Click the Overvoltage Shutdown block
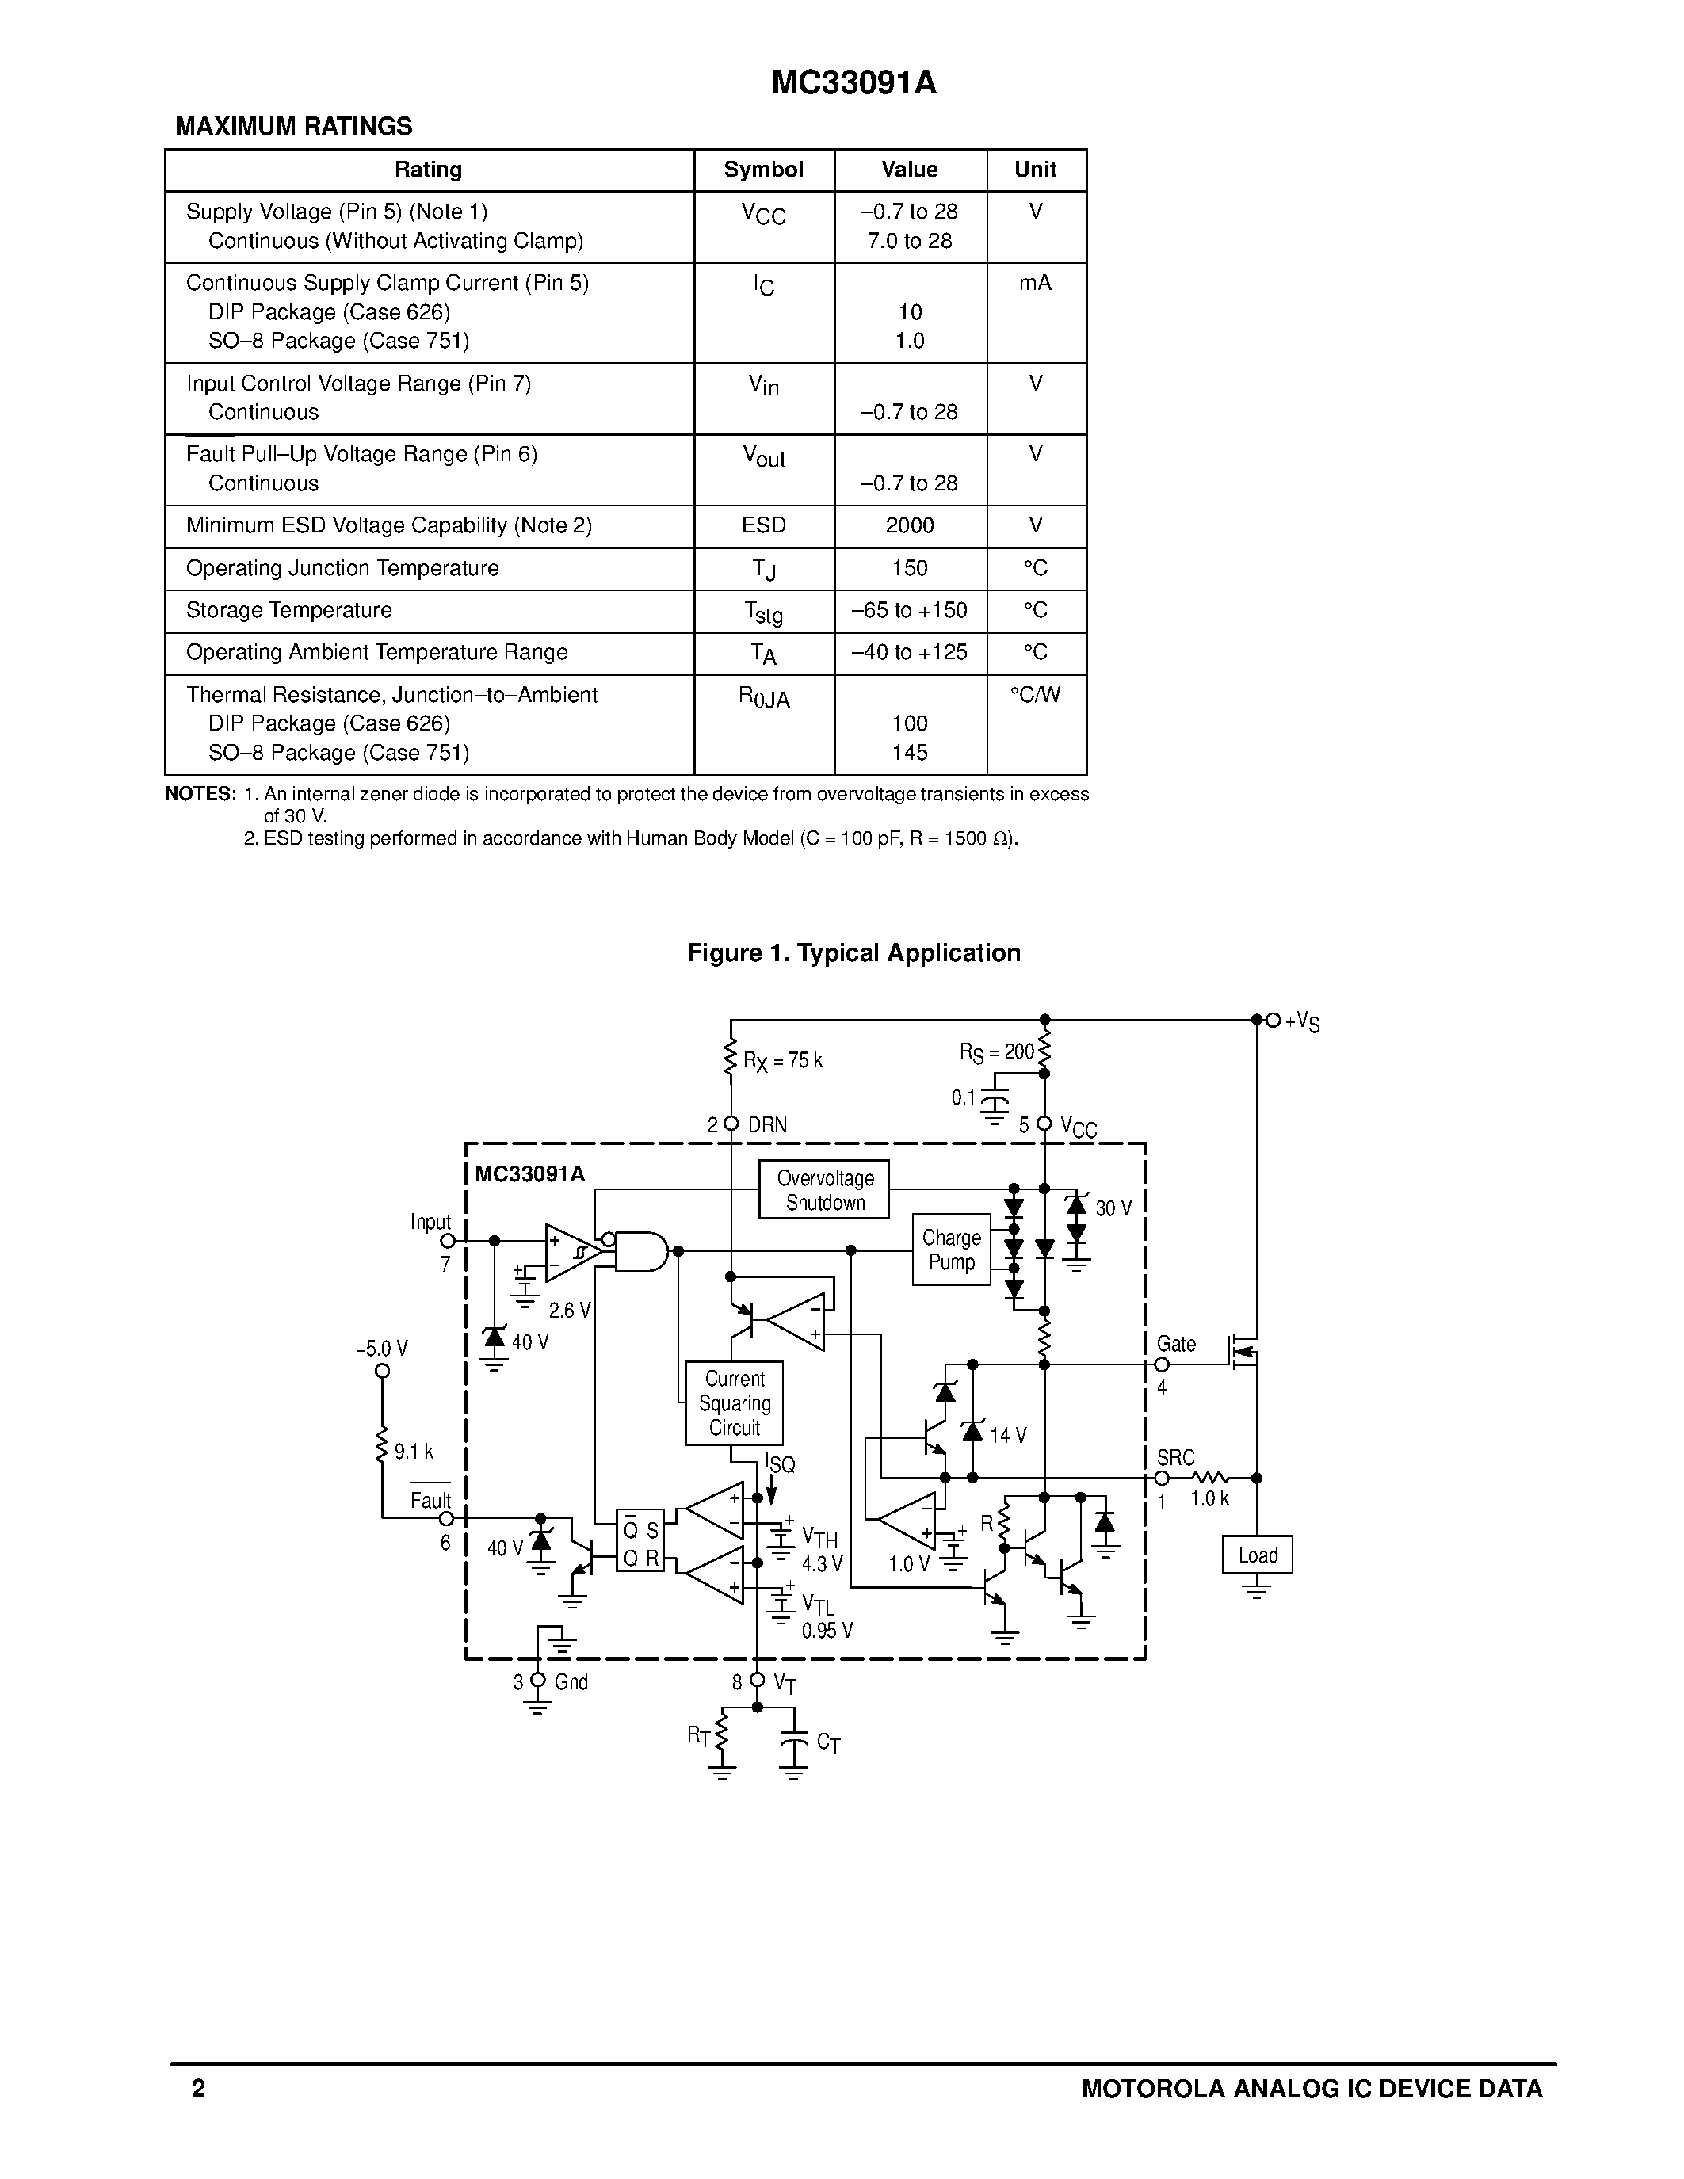[x=823, y=1189]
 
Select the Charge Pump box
[x=951, y=1249]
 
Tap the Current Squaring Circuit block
[x=735, y=1402]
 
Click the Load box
[x=1257, y=1555]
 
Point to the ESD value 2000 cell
[x=910, y=526]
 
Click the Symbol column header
[x=763, y=170]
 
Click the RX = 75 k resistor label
[x=783, y=1060]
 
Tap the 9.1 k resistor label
[x=413, y=1452]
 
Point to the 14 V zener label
[x=1007, y=1436]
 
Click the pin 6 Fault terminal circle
[x=447, y=1518]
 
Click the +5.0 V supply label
[x=381, y=1349]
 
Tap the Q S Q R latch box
[x=640, y=1540]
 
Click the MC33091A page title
[x=854, y=84]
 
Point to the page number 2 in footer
[x=199, y=2088]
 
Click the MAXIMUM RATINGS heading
[x=293, y=127]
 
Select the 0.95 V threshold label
[x=827, y=1630]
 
